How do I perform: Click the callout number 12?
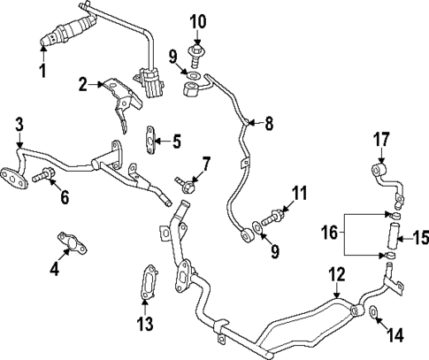(335, 274)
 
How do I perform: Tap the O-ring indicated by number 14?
(375, 311)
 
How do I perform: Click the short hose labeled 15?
(391, 235)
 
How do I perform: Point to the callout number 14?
(395, 335)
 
